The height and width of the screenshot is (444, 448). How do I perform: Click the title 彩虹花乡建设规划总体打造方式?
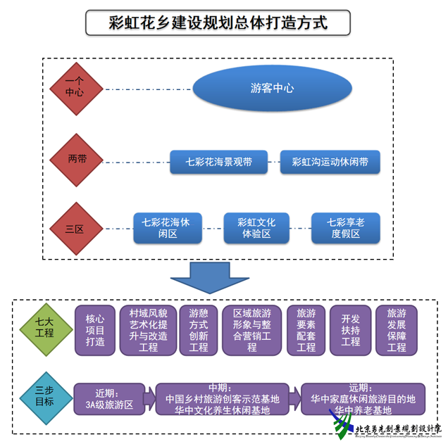point(218,23)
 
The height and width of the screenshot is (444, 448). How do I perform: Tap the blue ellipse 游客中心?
point(272,89)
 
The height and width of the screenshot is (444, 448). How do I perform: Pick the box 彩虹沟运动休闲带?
point(330,162)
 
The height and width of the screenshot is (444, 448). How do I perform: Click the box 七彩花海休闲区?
point(166,228)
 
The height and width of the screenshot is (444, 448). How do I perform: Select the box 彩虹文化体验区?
point(256,228)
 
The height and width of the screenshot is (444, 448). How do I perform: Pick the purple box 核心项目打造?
point(95,330)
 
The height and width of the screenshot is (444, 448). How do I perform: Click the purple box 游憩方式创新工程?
point(199,330)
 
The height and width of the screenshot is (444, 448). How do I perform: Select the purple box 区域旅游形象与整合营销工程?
point(251,330)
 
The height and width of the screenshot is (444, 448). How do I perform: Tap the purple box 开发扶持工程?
point(350,330)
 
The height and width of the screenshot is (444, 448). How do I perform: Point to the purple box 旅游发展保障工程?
point(397,330)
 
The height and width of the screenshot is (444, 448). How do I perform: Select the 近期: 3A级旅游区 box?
point(109,399)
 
